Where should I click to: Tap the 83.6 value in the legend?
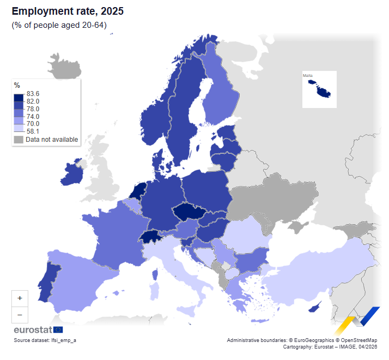(33, 93)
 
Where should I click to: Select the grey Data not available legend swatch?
(19, 140)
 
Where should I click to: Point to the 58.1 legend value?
(33, 131)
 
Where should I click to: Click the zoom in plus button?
(20, 298)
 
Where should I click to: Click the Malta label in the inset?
(308, 75)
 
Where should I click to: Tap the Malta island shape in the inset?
(319, 89)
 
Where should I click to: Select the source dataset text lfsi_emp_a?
(45, 340)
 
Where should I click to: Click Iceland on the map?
(64, 67)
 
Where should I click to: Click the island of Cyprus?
(314, 309)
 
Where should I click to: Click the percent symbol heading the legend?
(17, 85)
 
